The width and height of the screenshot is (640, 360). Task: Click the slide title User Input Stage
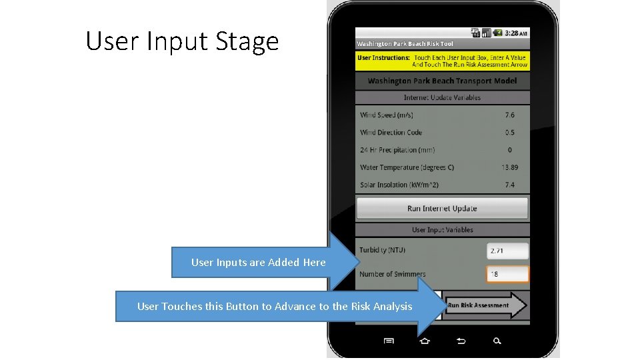(182, 42)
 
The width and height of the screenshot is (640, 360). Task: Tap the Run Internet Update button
(442, 209)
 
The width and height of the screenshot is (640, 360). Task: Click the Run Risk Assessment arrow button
(486, 305)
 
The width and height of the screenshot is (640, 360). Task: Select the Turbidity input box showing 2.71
(508, 251)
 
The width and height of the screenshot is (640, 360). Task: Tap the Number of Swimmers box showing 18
(508, 274)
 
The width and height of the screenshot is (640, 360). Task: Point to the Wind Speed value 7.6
(509, 115)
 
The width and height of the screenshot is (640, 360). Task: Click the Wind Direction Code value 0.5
(509, 133)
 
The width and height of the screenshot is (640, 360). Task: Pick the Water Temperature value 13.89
(509, 167)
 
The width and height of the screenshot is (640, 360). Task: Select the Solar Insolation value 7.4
(509, 185)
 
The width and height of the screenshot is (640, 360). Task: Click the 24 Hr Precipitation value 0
(510, 150)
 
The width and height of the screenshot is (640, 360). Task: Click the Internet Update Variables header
(442, 97)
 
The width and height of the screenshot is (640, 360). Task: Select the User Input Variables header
(442, 230)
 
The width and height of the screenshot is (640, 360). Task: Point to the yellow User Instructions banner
(442, 61)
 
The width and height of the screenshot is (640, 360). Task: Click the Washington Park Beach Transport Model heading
(442, 81)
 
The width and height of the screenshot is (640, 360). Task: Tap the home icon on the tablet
(425, 341)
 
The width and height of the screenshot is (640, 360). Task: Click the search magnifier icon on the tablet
(497, 341)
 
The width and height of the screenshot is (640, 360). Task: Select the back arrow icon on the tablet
(461, 341)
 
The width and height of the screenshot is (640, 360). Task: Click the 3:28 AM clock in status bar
(516, 33)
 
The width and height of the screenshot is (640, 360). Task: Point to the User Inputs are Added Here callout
(259, 263)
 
